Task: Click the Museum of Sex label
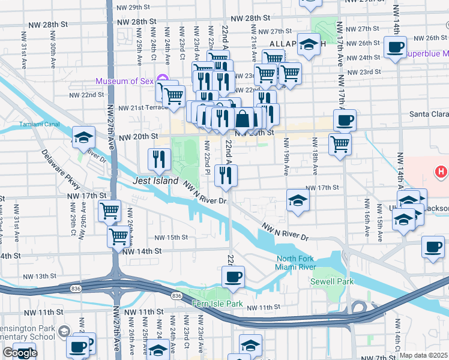coord(124,81)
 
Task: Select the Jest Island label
coord(155,181)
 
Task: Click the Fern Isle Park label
coord(217,304)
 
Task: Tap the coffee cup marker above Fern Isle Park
coord(233,277)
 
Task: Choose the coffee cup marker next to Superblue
coord(395,47)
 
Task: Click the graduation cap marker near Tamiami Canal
coord(83,137)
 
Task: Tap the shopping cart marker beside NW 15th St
coord(118,235)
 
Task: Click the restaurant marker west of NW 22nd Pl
coord(158,158)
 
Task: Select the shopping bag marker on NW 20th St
coord(243,118)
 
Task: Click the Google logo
coord(19,353)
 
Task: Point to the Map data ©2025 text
coord(424,355)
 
